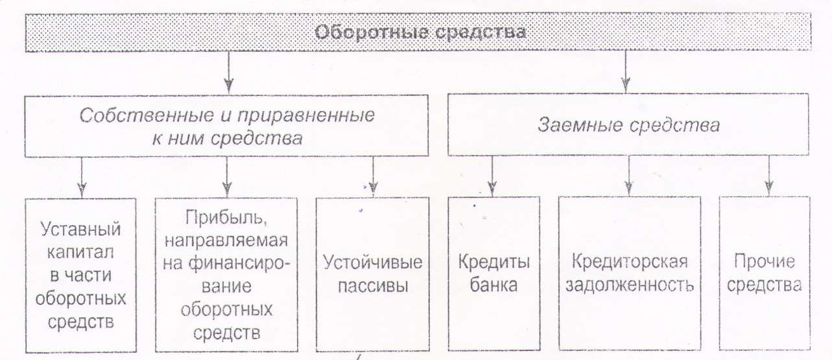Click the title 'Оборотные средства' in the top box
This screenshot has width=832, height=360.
(x=420, y=32)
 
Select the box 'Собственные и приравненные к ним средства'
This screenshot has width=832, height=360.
(x=226, y=126)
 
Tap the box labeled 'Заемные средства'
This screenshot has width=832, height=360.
(x=628, y=125)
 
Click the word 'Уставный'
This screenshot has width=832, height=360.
(x=80, y=229)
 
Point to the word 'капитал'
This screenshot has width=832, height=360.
(x=80, y=252)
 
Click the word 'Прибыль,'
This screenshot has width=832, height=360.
(x=226, y=217)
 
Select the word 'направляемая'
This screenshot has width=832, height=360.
(x=226, y=241)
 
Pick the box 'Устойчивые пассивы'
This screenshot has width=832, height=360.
(x=372, y=274)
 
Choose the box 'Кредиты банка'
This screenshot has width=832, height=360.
(x=494, y=274)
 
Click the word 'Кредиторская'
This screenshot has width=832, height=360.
(x=630, y=261)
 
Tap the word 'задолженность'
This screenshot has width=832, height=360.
(x=630, y=285)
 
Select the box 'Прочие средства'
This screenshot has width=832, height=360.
(x=765, y=273)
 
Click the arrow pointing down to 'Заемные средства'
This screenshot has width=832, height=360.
(x=626, y=72)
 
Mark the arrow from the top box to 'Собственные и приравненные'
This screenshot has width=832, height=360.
(x=229, y=73)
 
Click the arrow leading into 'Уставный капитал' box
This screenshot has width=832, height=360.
(x=82, y=177)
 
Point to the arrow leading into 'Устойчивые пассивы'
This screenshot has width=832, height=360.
(x=374, y=176)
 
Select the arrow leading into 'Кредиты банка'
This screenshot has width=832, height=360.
(x=492, y=176)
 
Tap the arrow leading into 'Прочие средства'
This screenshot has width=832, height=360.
(x=769, y=176)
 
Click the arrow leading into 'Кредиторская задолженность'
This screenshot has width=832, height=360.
(x=628, y=176)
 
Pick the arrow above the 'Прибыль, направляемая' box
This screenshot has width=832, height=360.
(x=227, y=177)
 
